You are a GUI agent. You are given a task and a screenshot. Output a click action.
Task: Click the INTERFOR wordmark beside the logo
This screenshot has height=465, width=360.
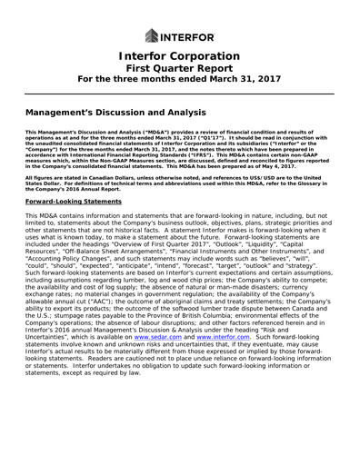[x=187, y=37]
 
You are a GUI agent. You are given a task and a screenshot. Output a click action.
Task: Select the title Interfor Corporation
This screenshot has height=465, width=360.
[x=179, y=59]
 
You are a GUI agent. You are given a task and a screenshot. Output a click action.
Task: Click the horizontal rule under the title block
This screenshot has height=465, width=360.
[x=179, y=93]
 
